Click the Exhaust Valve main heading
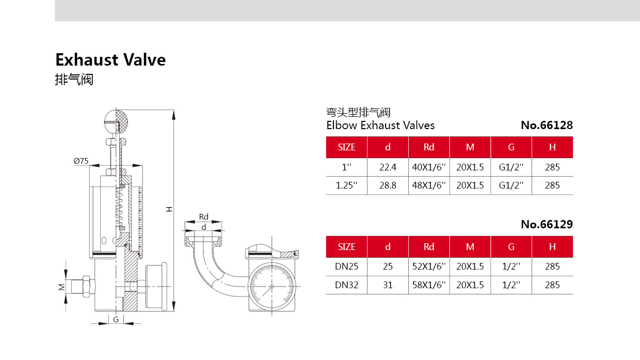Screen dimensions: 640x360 [110, 60]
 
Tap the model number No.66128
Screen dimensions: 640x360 [547, 125]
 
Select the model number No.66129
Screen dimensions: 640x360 [547, 225]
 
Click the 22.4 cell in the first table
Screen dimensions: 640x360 [388, 167]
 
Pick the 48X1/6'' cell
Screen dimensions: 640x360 [428, 185]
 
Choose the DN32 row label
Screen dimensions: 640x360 [346, 285]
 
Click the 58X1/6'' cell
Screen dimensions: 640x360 [428, 285]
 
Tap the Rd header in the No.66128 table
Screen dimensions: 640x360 [428, 147]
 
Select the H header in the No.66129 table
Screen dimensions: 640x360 [552, 246]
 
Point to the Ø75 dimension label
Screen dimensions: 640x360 [81, 161]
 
